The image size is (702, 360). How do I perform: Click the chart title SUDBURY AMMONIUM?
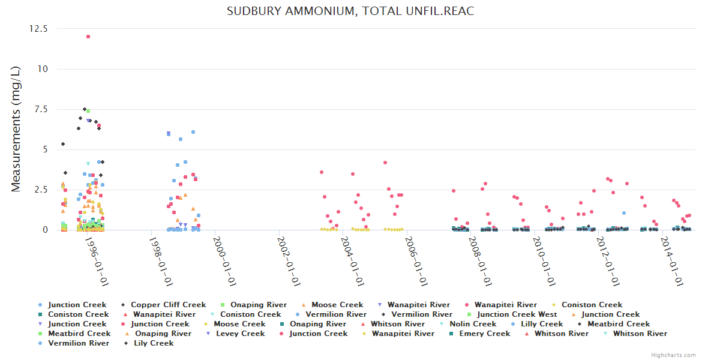point(350,11)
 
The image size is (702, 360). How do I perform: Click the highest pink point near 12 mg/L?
point(88,37)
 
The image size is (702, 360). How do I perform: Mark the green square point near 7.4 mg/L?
point(88,111)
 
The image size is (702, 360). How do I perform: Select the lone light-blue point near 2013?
point(624,213)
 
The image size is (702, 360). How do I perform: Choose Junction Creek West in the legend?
point(517,314)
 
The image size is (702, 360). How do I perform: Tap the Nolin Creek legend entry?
point(473,324)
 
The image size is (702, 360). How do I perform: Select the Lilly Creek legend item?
point(542,324)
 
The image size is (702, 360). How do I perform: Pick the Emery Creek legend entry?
point(484,334)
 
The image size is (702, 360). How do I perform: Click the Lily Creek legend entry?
point(153,343)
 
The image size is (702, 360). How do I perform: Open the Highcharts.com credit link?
point(673,355)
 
